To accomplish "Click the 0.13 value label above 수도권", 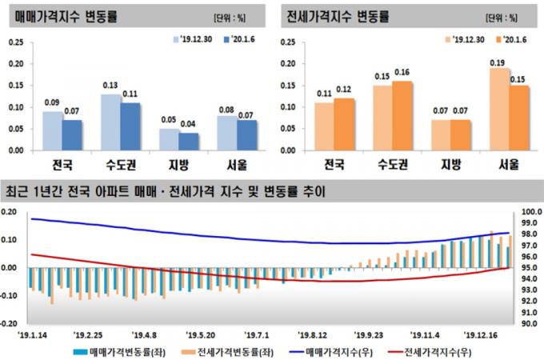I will click(x=110, y=86).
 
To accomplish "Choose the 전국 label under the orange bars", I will click(x=334, y=165).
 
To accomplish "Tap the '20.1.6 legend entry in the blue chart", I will click(x=238, y=38).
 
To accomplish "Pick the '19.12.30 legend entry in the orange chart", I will click(x=466, y=38).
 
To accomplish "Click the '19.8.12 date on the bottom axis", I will click(x=314, y=337).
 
